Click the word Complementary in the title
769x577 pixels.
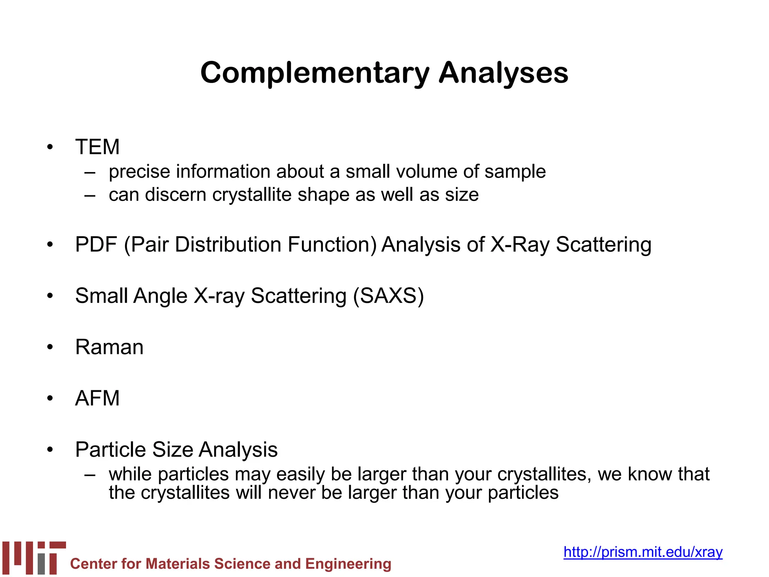tap(315, 73)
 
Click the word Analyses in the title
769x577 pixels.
tap(504, 73)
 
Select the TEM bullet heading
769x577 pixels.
tap(97, 147)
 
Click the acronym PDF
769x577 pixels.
tap(96, 245)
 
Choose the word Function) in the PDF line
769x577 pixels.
tap(332, 245)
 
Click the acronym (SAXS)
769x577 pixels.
tap(388, 296)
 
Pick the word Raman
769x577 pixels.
tap(109, 347)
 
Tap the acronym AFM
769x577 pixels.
tap(97, 398)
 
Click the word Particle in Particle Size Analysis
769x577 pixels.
tap(110, 449)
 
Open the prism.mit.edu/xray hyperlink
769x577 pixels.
tap(643, 552)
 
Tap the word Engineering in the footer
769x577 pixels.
tap(348, 564)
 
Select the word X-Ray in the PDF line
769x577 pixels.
tap(520, 245)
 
